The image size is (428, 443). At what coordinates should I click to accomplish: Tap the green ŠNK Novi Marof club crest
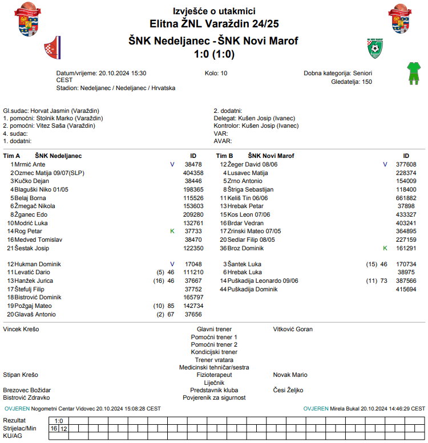[x=374, y=48]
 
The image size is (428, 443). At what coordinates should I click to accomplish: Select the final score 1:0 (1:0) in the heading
[x=214, y=55]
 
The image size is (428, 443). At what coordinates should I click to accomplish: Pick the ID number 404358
[x=193, y=173]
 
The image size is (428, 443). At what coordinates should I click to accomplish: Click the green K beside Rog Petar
[x=172, y=231]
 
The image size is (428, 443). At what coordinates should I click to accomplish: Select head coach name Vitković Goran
[x=293, y=330]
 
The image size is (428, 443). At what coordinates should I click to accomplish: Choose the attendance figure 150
[x=367, y=82]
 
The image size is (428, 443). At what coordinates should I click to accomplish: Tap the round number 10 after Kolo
[x=224, y=74]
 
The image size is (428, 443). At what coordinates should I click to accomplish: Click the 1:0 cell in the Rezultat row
[x=58, y=421]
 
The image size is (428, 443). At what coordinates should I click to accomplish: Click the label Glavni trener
[x=214, y=330]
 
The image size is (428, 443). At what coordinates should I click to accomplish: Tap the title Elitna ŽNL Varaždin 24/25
[x=214, y=24]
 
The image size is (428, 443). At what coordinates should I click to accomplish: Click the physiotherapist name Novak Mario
[x=290, y=375]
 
